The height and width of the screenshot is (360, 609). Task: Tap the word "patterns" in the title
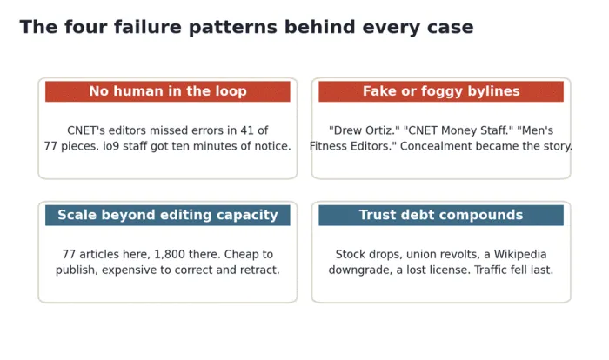click(232, 28)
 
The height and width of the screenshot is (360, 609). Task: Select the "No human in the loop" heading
click(168, 91)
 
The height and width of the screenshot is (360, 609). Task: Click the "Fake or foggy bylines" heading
click(441, 91)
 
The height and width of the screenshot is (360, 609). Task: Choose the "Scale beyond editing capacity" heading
click(168, 215)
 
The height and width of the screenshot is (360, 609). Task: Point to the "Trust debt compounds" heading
click(441, 215)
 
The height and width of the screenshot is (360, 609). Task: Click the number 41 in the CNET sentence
click(246, 130)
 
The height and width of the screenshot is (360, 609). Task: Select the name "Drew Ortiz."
click(363, 130)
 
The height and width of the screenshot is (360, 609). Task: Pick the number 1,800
click(168, 255)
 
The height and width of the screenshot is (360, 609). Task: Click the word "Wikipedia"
click(520, 255)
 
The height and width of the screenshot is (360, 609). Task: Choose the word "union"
click(419, 255)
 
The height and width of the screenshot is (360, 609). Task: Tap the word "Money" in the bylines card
click(456, 131)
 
